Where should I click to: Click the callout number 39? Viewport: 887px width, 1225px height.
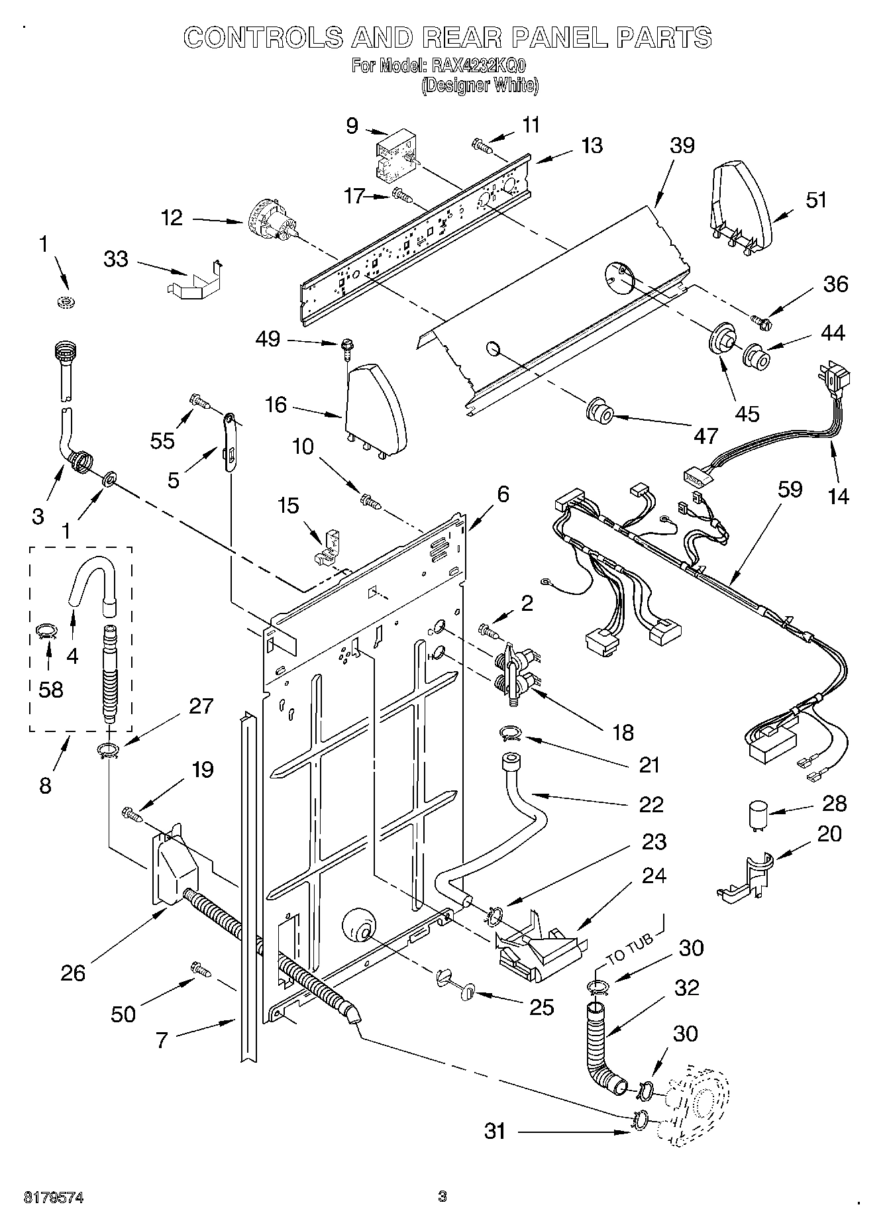pyautogui.click(x=682, y=146)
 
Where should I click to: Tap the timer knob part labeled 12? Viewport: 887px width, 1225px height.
pyautogui.click(x=272, y=222)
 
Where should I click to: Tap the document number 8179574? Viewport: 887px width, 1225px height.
pyautogui.click(x=54, y=1197)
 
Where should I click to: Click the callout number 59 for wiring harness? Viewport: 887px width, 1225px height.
pyautogui.click(x=790, y=490)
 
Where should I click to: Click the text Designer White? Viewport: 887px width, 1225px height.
pyautogui.click(x=480, y=86)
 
